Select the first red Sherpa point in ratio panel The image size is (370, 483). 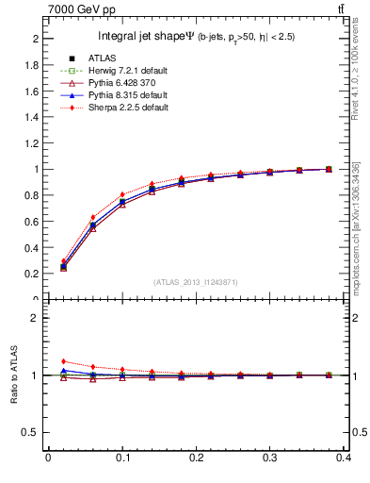(x=63, y=361)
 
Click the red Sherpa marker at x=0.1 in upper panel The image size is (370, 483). (x=122, y=195)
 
